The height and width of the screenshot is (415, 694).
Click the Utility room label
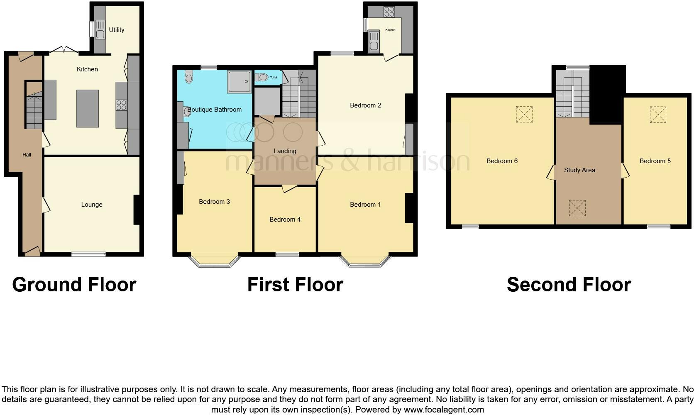(117, 30)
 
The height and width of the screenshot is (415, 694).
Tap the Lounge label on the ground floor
(92, 205)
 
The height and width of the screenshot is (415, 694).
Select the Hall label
(27, 155)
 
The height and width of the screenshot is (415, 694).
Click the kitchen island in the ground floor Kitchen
(88, 108)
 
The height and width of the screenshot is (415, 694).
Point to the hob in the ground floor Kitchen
(121, 105)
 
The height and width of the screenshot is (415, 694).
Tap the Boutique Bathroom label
(215, 110)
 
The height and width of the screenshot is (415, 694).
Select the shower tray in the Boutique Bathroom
(239, 81)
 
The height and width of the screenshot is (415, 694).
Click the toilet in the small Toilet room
(262, 77)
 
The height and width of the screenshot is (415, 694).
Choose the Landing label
(285, 151)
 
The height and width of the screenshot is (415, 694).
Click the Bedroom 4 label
(285, 220)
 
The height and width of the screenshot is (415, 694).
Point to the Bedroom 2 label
(365, 105)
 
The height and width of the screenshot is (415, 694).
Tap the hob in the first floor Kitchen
(389, 12)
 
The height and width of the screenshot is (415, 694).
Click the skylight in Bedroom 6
(524, 114)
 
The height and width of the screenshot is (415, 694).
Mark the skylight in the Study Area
(577, 208)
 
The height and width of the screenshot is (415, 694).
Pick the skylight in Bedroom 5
(658, 115)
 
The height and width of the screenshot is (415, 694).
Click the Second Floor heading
(569, 285)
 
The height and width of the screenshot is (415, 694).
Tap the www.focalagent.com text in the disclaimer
(444, 410)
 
